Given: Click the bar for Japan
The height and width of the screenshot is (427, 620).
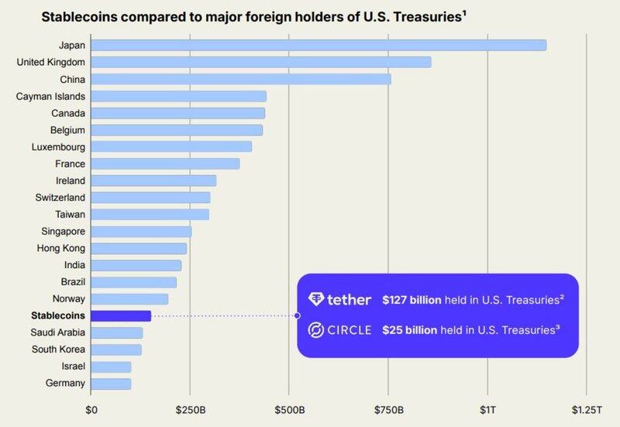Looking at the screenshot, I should [318, 45].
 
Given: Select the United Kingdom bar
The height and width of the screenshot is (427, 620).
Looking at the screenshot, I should [260, 62].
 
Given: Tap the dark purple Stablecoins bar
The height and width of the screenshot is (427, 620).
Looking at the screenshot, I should [121, 315].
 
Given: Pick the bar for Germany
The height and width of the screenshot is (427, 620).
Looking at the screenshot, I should [111, 383].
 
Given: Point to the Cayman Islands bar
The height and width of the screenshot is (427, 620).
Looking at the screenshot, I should [178, 96].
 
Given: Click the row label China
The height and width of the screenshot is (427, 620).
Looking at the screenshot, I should [71, 79].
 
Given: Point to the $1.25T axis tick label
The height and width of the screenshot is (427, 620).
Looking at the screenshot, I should [586, 409].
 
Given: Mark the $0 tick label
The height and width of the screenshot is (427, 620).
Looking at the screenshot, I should [91, 409].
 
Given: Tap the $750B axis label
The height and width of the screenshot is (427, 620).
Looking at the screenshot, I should [388, 409].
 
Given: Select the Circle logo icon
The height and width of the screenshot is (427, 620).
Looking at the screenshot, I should [316, 330].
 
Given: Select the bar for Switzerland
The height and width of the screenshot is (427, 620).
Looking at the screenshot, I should [150, 197].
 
